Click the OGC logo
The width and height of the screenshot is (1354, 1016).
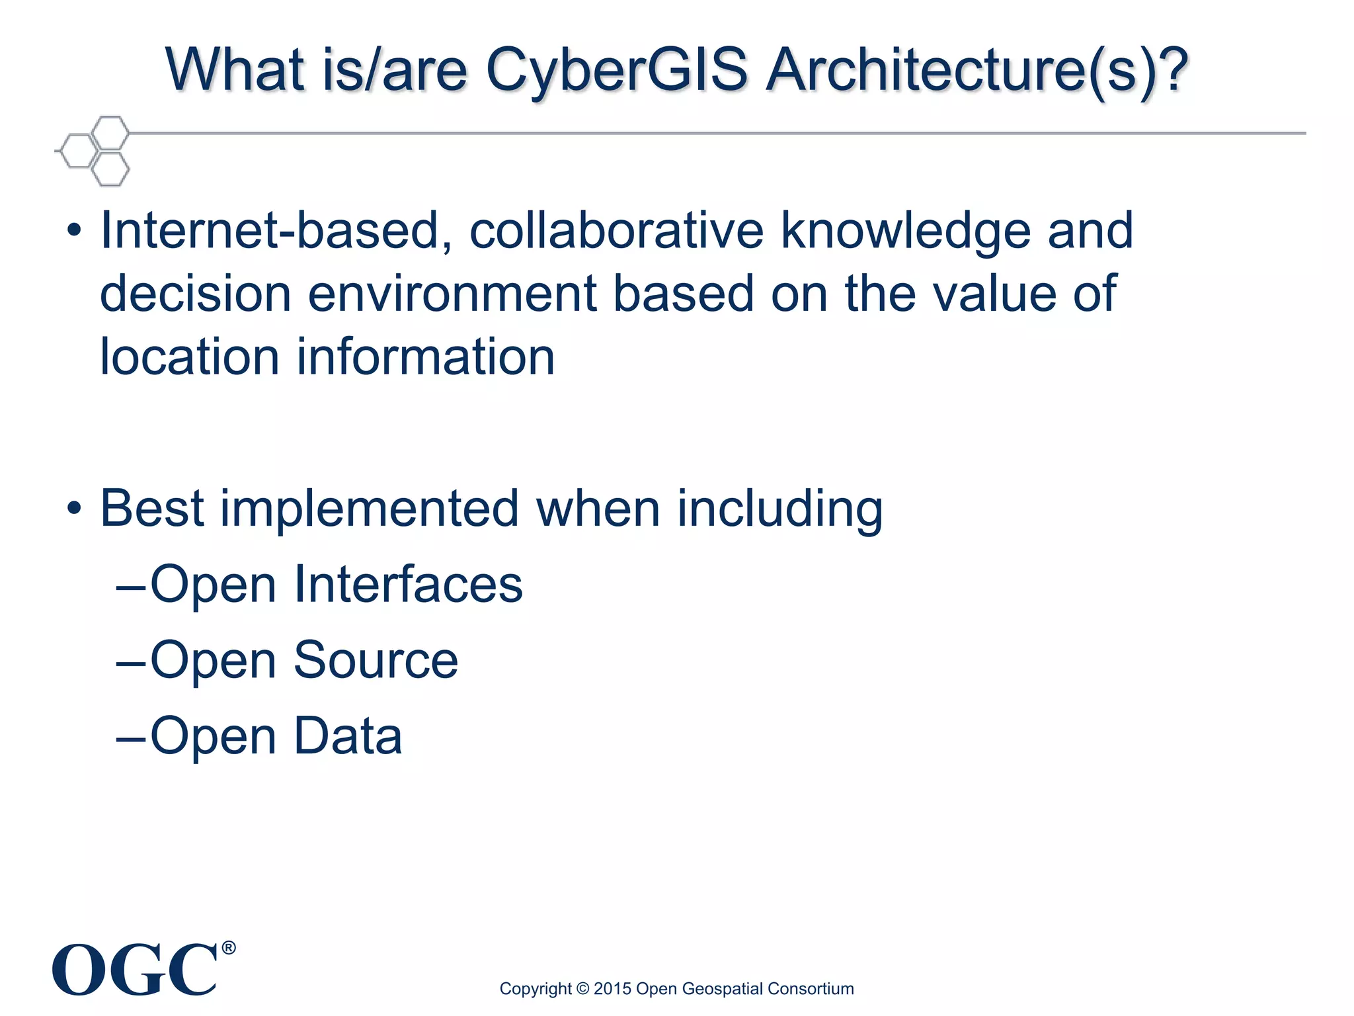click(x=135, y=970)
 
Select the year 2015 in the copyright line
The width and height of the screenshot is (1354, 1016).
click(x=612, y=989)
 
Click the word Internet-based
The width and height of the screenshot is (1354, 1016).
click(x=276, y=231)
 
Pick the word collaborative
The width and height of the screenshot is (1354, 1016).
click(x=616, y=231)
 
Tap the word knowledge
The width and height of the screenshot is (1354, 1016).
click(x=906, y=231)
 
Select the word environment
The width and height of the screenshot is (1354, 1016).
click(x=452, y=294)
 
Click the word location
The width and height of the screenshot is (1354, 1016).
click(x=190, y=357)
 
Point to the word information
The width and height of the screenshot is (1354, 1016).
click(x=425, y=357)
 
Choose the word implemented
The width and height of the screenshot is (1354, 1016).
click(x=369, y=509)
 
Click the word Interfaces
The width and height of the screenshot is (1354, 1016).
click(x=408, y=585)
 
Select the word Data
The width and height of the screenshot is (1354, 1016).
click(x=348, y=736)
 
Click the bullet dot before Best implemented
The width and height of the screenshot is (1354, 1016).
click(x=74, y=509)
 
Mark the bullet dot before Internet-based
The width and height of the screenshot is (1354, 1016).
click(x=74, y=231)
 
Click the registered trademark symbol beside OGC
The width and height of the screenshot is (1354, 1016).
click(x=228, y=948)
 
